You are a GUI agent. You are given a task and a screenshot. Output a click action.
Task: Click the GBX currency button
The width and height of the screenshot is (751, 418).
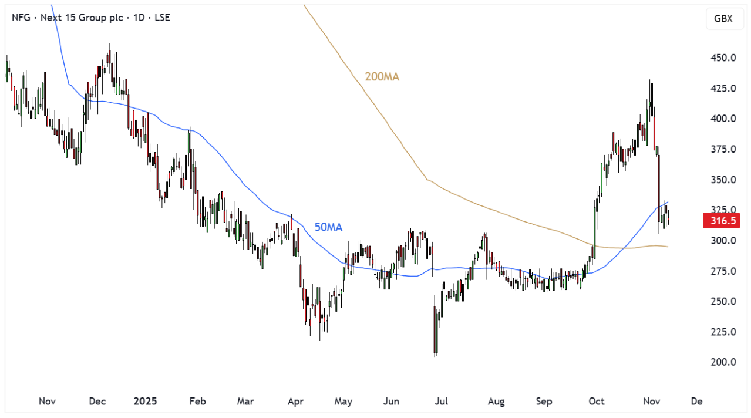723,18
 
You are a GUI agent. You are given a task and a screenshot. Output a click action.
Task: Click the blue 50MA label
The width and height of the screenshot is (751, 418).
328,227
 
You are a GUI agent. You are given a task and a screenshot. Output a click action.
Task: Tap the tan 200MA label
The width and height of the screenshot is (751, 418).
382,77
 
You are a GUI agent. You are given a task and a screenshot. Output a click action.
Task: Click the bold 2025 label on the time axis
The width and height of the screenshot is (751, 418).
146,402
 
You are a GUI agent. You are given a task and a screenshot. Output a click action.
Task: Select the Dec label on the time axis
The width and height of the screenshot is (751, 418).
97,402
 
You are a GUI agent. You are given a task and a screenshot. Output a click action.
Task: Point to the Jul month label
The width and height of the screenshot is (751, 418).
441,402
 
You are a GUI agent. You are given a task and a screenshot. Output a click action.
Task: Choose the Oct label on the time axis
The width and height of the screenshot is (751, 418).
596,402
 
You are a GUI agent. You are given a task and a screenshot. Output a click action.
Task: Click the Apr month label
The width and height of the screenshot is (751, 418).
295,402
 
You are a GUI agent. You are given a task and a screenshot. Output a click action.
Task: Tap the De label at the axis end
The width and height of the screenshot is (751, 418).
696,402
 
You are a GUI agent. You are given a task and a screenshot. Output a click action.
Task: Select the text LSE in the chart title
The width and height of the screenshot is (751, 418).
161,18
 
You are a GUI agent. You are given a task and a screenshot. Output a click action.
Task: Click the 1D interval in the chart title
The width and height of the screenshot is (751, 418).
138,18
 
